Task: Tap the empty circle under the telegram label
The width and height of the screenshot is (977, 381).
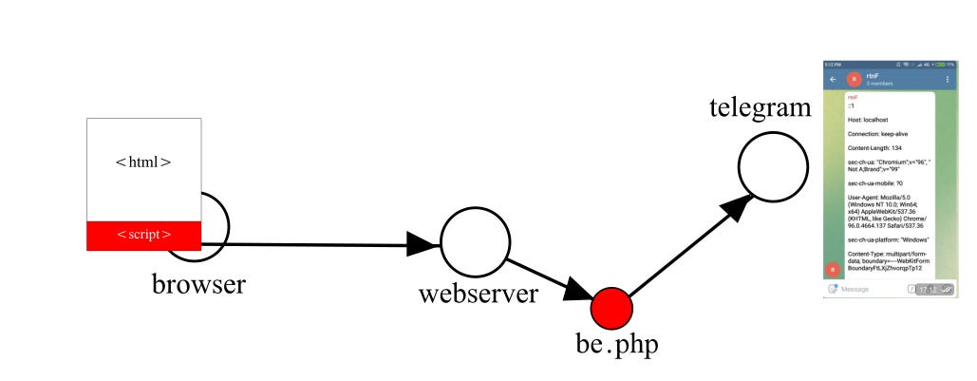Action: point(772,164)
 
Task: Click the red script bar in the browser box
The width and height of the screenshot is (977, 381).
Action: point(143,235)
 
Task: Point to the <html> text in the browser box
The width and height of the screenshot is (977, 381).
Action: point(143,162)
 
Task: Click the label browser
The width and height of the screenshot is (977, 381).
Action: point(198,283)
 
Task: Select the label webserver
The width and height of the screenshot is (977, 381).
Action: point(479,294)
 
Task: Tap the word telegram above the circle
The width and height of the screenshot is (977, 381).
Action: point(760,107)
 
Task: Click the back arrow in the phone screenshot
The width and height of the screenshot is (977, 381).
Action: point(833,79)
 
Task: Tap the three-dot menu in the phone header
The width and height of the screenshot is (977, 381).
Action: point(947,79)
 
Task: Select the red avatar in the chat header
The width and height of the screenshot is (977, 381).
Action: point(854,79)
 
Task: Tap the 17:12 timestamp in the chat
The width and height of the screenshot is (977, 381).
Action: point(920,289)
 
